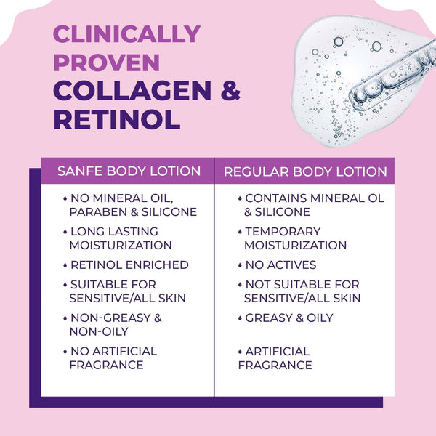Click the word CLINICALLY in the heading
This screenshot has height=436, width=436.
pos(126,34)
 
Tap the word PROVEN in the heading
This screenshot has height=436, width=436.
pos(107,62)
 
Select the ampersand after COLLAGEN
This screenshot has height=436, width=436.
pos(230,91)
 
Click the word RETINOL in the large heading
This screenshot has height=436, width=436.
pos(117,120)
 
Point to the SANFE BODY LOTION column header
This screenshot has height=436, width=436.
pos(129,171)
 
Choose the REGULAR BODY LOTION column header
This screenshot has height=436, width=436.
pos(305,171)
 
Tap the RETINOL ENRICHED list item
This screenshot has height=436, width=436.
pos(129,265)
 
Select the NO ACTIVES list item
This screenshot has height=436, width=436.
pos(280,265)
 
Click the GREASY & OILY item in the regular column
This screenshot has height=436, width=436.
pos(289,318)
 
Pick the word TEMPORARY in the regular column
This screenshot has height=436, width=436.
pos(283,232)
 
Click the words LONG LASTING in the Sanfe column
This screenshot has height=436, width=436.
pos(114,232)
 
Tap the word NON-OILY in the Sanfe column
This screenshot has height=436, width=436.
pos(99,331)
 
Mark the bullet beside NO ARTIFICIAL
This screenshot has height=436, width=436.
pos(65,352)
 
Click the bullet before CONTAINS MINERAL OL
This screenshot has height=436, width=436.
pos(240,198)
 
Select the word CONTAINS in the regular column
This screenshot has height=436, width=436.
pos(276,198)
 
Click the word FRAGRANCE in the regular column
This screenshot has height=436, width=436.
pos(275,365)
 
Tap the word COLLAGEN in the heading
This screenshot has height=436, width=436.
pos(132,91)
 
